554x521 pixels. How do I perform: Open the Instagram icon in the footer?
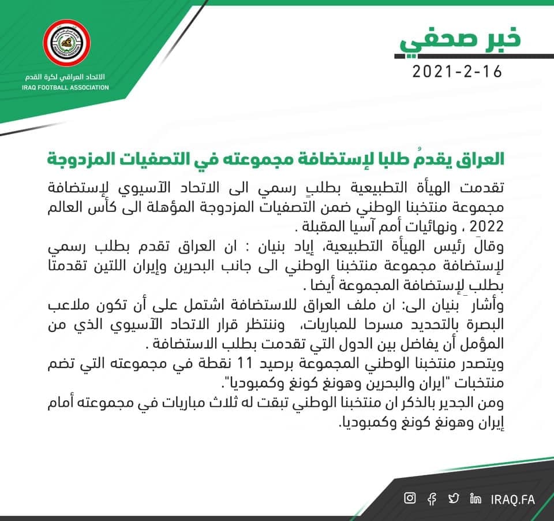pyautogui.click(x=410, y=498)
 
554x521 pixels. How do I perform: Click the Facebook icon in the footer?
pyautogui.click(x=432, y=498)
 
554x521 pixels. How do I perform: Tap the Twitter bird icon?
pyautogui.click(x=454, y=498)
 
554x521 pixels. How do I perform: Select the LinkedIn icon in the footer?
pyautogui.click(x=476, y=498)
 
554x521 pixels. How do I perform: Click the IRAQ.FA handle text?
pyautogui.click(x=513, y=498)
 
